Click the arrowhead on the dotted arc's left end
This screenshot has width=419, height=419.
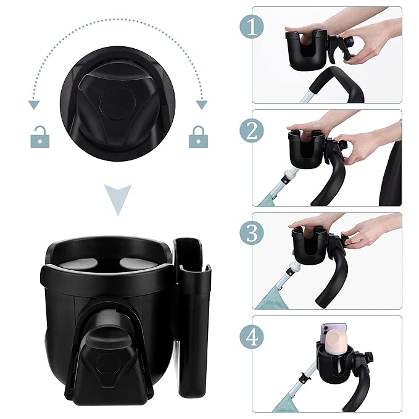click(x=31, y=105)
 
